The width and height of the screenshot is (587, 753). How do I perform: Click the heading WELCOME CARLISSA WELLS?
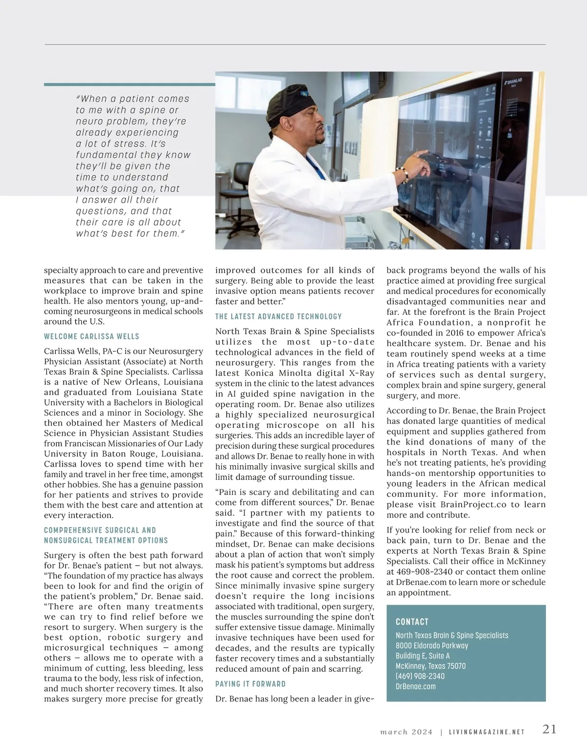[x=91, y=336]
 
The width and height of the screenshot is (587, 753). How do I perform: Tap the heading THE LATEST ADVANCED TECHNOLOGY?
[x=278, y=316]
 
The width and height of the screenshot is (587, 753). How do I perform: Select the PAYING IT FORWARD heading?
[x=250, y=683]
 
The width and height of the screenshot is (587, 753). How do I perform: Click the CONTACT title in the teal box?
[x=412, y=622]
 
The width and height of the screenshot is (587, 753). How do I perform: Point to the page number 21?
[x=549, y=729]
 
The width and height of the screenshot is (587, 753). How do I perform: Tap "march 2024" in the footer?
[x=406, y=732]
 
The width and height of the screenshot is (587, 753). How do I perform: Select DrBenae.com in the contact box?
[x=415, y=686]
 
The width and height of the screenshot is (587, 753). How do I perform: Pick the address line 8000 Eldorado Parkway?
[x=431, y=645]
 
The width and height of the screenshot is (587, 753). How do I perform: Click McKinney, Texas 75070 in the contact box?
[x=430, y=666]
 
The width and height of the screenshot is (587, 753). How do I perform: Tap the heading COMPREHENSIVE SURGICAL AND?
[x=100, y=530]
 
